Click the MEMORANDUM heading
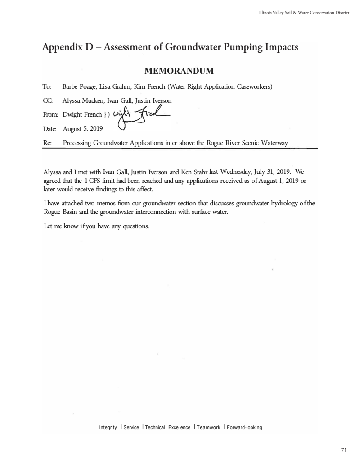coord(179,71)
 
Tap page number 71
coord(344,450)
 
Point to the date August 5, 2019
coord(83,129)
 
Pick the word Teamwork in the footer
coord(208,427)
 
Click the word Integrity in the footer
coord(108,427)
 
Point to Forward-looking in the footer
coord(244,427)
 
